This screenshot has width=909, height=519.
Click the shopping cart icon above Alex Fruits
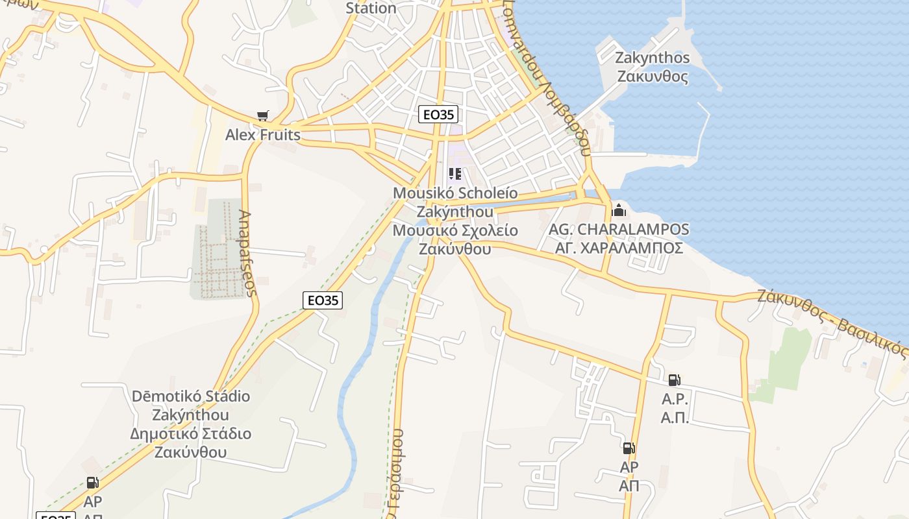pos(262,116)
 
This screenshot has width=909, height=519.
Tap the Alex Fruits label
pos(263,135)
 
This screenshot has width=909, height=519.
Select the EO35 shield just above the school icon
pos(438,115)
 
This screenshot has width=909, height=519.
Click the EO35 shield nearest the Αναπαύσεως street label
pos(323,300)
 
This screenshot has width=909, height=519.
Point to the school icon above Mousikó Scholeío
pos(455,174)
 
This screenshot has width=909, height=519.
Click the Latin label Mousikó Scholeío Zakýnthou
pos(454,202)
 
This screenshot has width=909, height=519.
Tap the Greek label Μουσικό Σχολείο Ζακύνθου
pos(454,239)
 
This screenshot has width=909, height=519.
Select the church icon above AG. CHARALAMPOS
pos(619,210)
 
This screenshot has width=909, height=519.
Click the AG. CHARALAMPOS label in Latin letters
pos(619,230)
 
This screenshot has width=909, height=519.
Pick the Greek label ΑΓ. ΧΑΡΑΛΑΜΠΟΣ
pos(619,248)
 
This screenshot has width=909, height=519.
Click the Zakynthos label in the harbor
pos(653,58)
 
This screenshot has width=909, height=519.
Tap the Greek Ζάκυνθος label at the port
pos(653,77)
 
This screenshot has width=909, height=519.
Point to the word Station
pos(371,8)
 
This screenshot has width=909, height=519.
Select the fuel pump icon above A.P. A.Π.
pos(674,380)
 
